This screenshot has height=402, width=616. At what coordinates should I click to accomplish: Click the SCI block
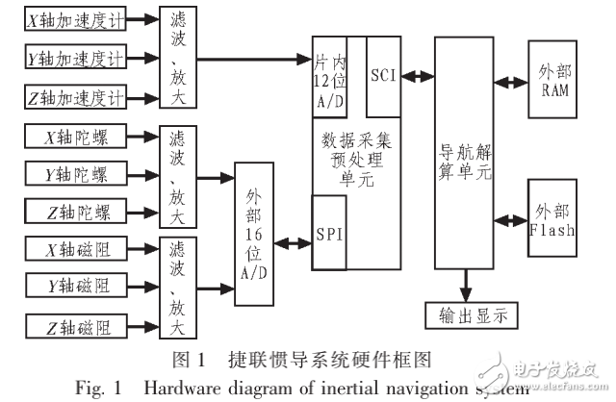[384, 74]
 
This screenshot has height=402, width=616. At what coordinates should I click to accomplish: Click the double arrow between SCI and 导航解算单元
[418, 74]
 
